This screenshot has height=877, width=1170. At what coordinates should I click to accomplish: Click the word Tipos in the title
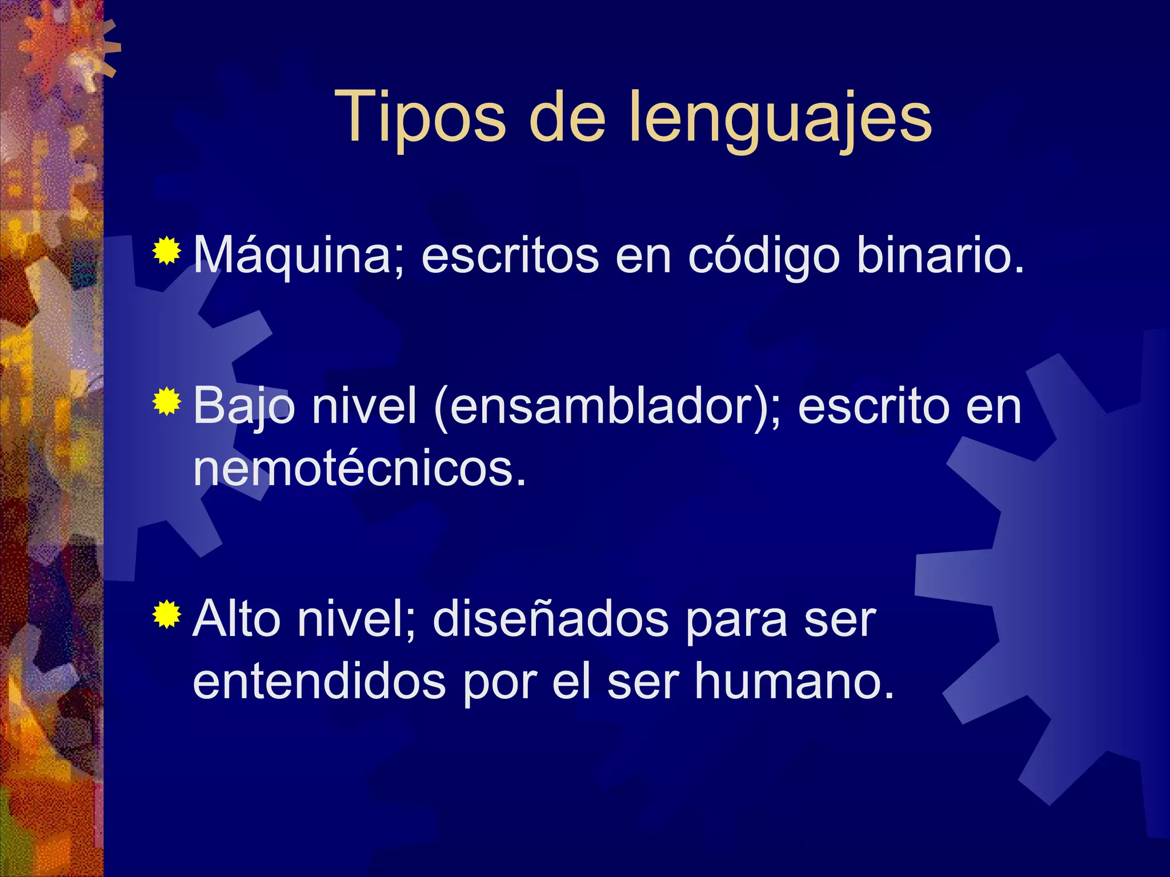click(420, 117)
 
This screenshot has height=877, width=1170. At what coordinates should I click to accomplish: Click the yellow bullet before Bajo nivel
click(167, 401)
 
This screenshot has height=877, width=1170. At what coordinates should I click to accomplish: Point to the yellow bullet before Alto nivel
click(167, 614)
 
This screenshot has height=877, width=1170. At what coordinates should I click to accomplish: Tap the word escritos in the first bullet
click(510, 255)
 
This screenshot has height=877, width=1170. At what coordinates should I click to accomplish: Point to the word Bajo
click(244, 407)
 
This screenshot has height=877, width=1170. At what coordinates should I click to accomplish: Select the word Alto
click(237, 619)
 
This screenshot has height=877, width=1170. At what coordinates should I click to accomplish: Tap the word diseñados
click(550, 619)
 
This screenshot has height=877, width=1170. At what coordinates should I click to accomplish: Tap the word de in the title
click(567, 117)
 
